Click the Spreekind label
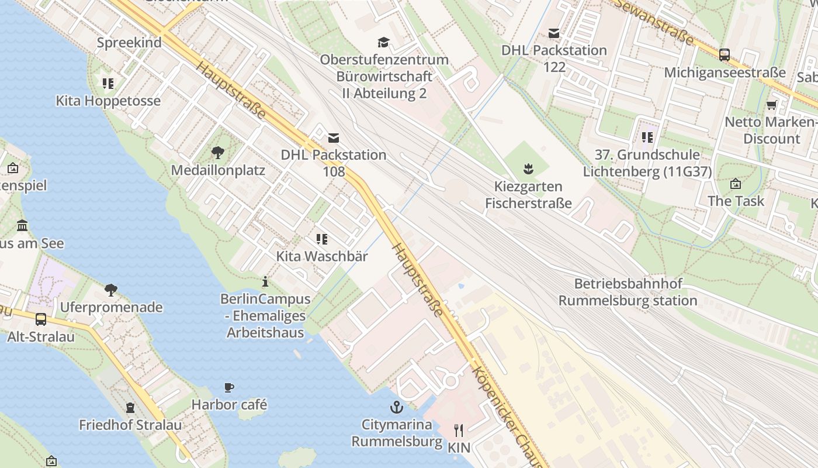[129, 43]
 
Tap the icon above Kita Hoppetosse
[108, 84]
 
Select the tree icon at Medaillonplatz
[218, 153]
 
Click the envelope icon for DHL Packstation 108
[334, 138]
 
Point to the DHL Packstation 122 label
[554, 58]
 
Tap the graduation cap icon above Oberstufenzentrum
[383, 42]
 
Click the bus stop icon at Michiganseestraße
[725, 55]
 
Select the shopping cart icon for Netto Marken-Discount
[772, 105]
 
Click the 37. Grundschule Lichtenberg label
[647, 163]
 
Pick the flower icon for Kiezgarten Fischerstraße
[528, 170]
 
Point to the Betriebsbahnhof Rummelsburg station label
[628, 292]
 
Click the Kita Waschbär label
[322, 256]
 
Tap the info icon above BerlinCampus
[265, 281]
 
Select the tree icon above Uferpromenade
[110, 290]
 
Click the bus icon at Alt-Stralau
[41, 319]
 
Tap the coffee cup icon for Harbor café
[229, 387]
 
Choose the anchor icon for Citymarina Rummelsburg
[397, 407]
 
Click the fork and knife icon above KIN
[459, 431]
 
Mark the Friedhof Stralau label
[130, 425]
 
